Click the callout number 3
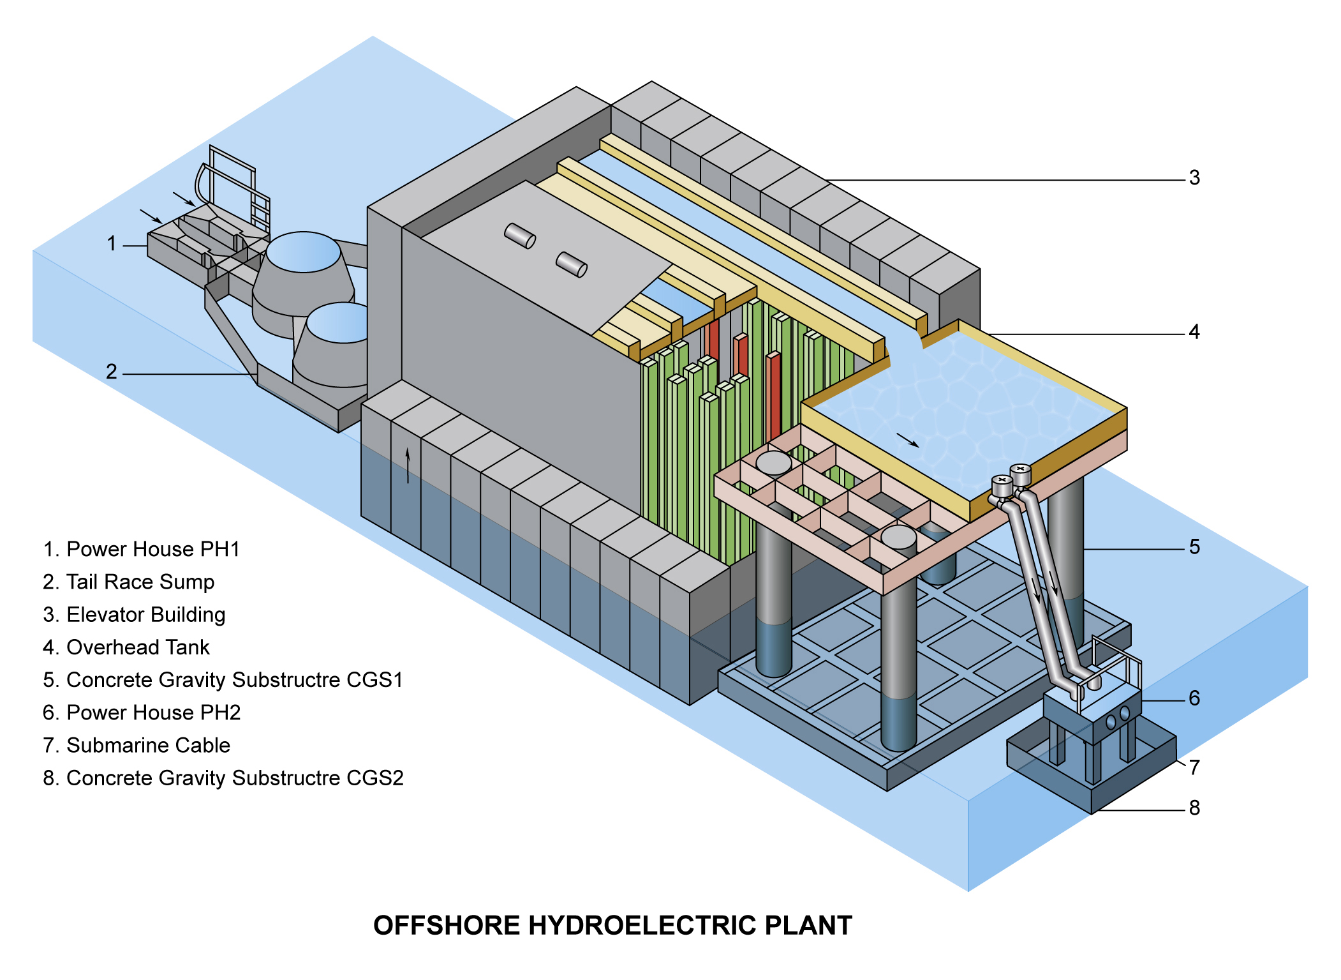coord(1194,177)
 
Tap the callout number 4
coord(1194,332)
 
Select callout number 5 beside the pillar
coord(1194,547)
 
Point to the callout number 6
coord(1194,698)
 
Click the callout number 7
coord(1194,767)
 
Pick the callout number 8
coord(1194,808)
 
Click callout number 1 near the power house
coord(112,243)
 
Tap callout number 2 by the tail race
coord(112,372)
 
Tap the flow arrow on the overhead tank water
coord(908,440)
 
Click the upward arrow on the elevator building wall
coord(408,465)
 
